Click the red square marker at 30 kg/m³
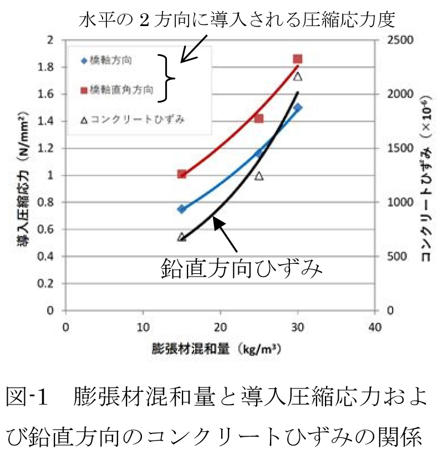[298, 59]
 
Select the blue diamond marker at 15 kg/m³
[181, 209]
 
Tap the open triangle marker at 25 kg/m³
[259, 176]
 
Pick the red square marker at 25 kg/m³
[259, 118]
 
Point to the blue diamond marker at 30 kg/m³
[298, 108]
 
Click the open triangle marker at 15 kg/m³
[181, 237]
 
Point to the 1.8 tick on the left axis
[53, 67]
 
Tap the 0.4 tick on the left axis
[53, 257]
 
